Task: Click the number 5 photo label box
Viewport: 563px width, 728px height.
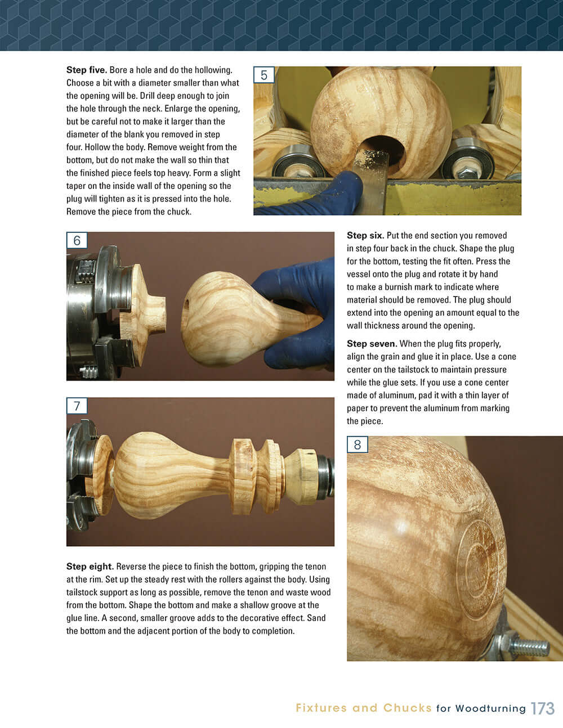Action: coord(263,75)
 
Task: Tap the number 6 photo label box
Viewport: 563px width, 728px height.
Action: coord(77,241)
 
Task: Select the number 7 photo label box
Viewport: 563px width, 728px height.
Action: coord(77,406)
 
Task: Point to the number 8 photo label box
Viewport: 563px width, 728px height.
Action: coord(357,445)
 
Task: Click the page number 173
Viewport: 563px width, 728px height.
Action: coord(542,708)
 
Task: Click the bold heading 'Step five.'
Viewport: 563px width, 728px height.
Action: coord(86,70)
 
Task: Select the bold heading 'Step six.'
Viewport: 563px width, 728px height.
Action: coord(365,236)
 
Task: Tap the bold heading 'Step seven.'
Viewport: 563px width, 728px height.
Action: coord(372,344)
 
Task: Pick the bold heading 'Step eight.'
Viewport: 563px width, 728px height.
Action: coord(90,567)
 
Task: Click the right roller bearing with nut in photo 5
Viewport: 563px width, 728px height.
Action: coord(465,161)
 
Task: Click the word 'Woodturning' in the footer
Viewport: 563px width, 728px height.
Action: coord(490,708)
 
